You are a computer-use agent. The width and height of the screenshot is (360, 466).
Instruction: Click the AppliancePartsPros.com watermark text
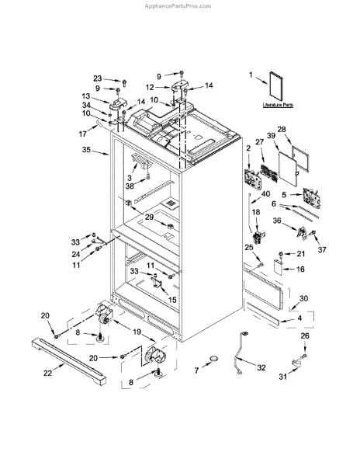[180, 5]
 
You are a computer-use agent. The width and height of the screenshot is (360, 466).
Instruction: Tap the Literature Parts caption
[276, 103]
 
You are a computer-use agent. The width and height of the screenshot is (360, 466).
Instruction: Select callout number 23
[97, 78]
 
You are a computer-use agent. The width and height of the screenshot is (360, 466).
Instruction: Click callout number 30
[303, 298]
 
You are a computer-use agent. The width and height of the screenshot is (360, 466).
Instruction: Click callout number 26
[304, 336]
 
